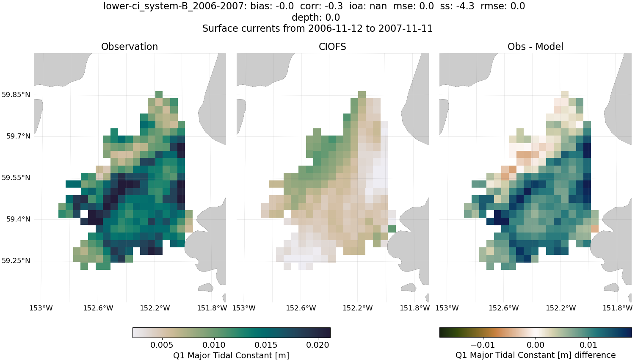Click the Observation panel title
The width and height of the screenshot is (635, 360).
point(130,47)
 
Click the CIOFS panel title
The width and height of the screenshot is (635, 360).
point(332,47)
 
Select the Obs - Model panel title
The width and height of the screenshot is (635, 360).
point(535,47)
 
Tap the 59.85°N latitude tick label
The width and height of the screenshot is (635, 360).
point(16,94)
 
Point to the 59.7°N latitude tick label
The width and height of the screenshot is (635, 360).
point(18,136)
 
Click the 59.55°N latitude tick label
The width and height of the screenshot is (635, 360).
point(16,177)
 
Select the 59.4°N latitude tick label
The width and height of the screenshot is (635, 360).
point(18,219)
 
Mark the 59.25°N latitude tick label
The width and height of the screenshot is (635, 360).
point(16,260)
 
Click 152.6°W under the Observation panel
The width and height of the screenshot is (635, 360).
point(98,308)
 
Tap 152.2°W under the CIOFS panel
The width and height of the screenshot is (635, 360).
point(357,308)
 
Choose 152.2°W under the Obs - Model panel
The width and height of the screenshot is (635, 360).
point(560,308)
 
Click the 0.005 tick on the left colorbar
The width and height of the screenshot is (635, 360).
point(162,345)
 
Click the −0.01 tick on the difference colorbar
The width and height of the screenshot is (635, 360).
point(483,345)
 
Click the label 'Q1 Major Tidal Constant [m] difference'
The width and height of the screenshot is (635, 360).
point(536,355)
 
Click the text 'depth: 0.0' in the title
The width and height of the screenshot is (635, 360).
point(316,17)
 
